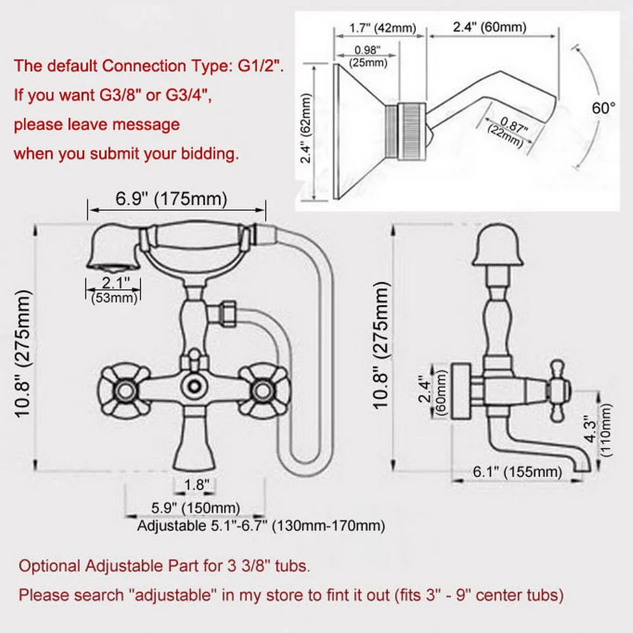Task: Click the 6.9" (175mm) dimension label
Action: click(171, 199)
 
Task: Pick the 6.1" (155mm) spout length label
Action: click(517, 472)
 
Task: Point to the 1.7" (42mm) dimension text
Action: click(380, 27)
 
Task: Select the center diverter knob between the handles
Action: click(194, 384)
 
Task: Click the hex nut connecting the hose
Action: click(226, 313)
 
